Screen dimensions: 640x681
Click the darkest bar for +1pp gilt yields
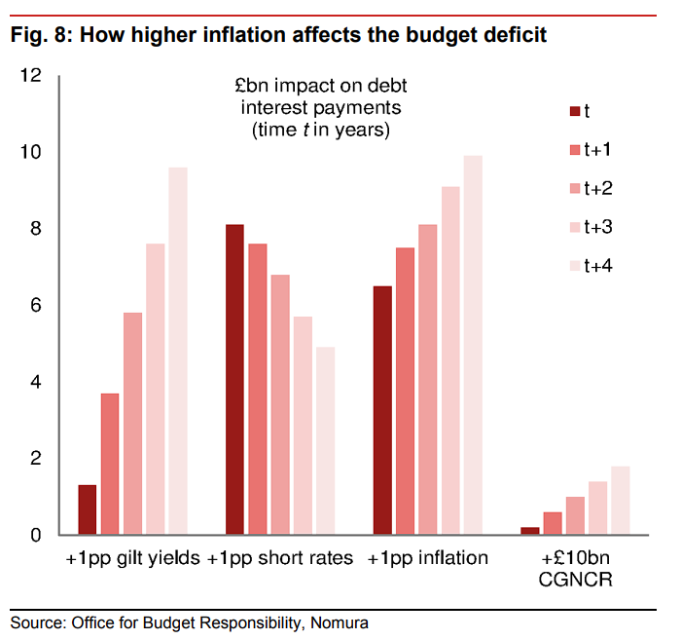click(88, 509)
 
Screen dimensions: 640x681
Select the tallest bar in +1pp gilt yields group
click(178, 351)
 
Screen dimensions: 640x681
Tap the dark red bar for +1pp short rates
click(234, 380)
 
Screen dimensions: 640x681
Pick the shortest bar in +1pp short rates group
click(325, 440)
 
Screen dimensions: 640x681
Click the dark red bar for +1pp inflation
click(383, 410)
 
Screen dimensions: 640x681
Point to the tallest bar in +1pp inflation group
click(473, 345)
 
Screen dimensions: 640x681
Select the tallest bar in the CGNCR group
click(621, 501)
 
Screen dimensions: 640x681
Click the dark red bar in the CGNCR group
click(530, 531)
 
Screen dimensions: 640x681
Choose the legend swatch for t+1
click(574, 149)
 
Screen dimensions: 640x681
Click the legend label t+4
click(597, 265)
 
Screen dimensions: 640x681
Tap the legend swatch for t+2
click(574, 188)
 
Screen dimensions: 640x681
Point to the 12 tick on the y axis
click(31, 75)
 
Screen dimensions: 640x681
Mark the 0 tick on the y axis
click(36, 535)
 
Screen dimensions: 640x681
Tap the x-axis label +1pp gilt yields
click(133, 559)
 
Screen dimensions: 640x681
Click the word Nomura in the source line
click(341, 621)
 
